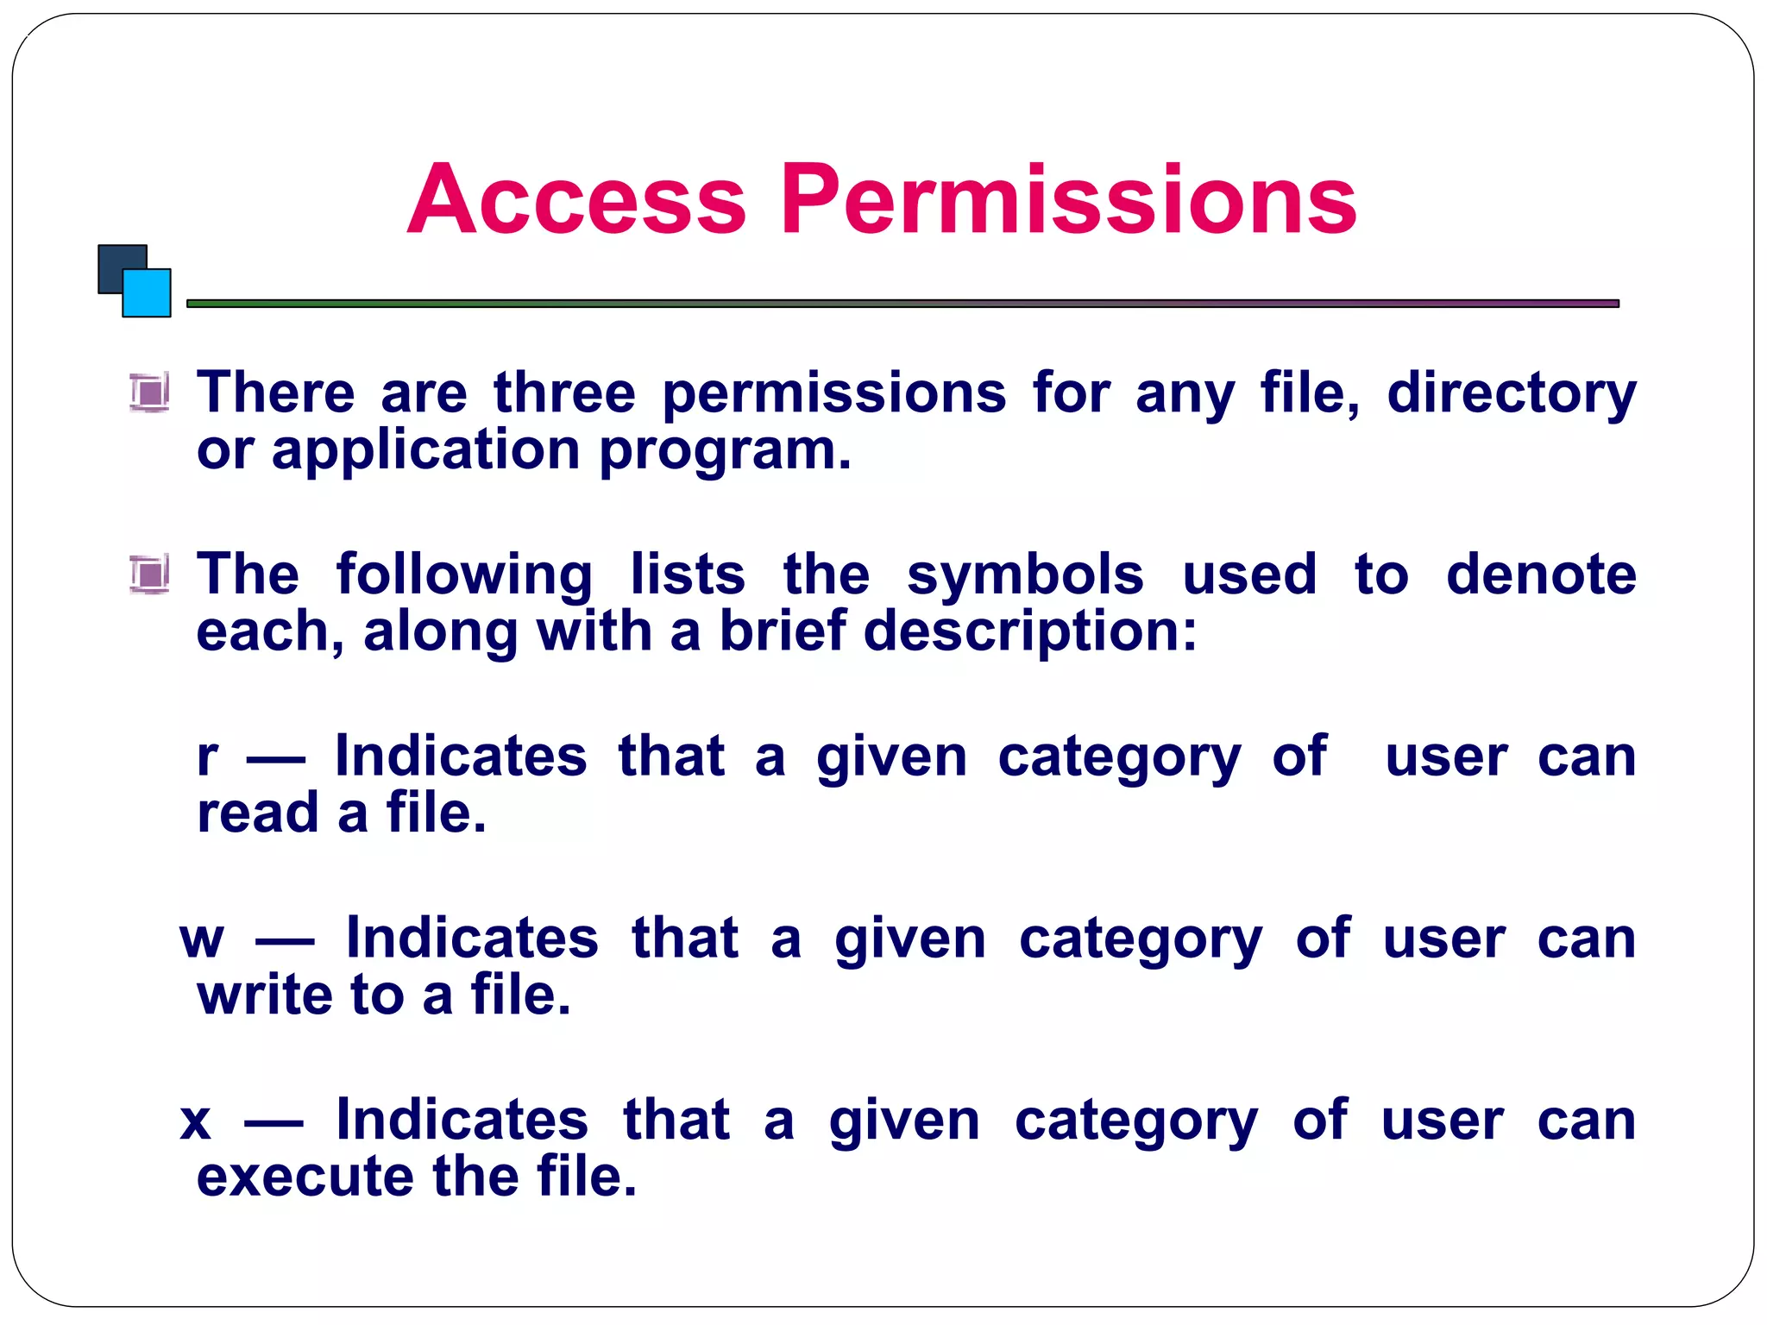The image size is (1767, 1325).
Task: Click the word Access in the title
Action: point(575,200)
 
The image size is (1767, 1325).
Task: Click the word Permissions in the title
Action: point(1068,200)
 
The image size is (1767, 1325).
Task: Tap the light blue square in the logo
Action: point(148,294)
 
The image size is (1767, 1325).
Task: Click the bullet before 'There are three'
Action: point(149,393)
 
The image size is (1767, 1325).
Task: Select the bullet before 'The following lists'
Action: point(149,575)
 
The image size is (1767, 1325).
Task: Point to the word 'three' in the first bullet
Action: point(564,393)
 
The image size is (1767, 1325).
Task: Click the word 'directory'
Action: point(1511,395)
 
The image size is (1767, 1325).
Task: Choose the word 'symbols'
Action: point(1025,575)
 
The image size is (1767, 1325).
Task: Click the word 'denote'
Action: point(1541,575)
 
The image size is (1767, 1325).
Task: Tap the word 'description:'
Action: point(1030,632)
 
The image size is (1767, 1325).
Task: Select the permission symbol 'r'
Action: point(207,757)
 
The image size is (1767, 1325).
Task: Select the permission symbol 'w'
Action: point(202,939)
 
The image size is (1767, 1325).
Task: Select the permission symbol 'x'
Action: point(196,1121)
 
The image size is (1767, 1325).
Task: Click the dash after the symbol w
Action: point(285,941)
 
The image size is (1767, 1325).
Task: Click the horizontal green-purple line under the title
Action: point(902,304)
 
